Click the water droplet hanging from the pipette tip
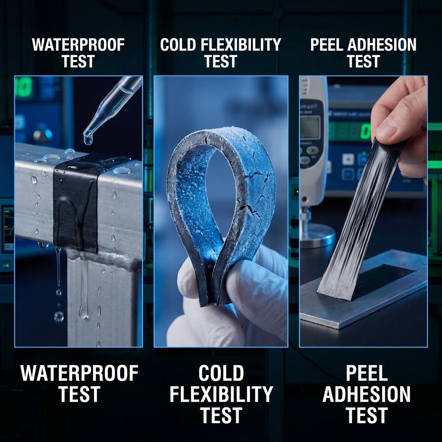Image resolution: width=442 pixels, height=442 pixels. [x=88, y=140]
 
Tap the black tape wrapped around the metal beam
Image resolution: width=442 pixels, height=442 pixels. [x=76, y=203]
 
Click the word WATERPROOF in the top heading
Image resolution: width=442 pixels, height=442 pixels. [x=78, y=45]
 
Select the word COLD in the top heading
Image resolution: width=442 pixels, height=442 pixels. [x=178, y=45]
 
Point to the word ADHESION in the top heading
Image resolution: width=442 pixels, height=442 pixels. [x=382, y=45]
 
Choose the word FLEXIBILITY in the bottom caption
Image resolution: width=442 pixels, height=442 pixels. [x=221, y=394]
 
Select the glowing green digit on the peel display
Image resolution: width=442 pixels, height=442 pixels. [x=366, y=132]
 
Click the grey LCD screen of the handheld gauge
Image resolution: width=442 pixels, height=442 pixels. [x=310, y=127]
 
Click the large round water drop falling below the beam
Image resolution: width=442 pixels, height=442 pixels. [x=59, y=317]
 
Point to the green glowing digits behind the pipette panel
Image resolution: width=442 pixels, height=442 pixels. [x=23, y=87]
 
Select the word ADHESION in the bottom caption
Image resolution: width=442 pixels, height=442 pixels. [x=366, y=394]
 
